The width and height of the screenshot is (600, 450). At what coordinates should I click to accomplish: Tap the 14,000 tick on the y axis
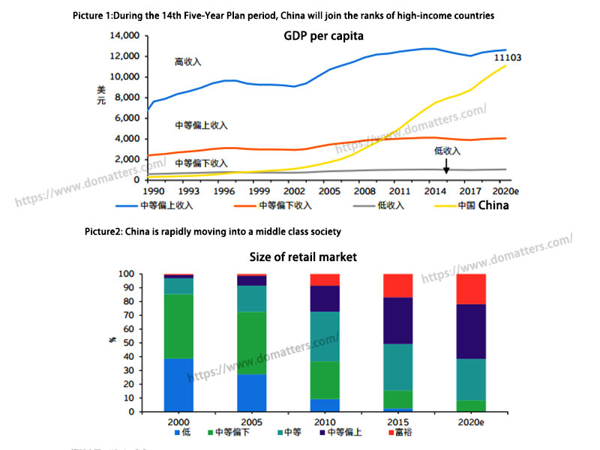124,35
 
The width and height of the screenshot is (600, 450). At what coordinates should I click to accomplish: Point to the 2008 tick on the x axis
365,191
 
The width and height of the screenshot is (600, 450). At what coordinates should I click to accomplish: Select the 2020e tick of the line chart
496,191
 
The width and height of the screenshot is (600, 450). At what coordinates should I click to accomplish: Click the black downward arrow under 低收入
446,166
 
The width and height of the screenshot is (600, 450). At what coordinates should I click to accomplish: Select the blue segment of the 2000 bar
178,385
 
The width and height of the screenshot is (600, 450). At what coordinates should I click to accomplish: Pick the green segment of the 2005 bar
251,343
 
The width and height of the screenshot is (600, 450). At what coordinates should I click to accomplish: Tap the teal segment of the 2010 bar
324,336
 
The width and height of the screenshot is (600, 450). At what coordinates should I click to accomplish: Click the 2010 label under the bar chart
324,423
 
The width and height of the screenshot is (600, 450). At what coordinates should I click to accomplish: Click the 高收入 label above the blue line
187,61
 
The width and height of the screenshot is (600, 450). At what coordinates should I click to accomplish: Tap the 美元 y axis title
101,95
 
